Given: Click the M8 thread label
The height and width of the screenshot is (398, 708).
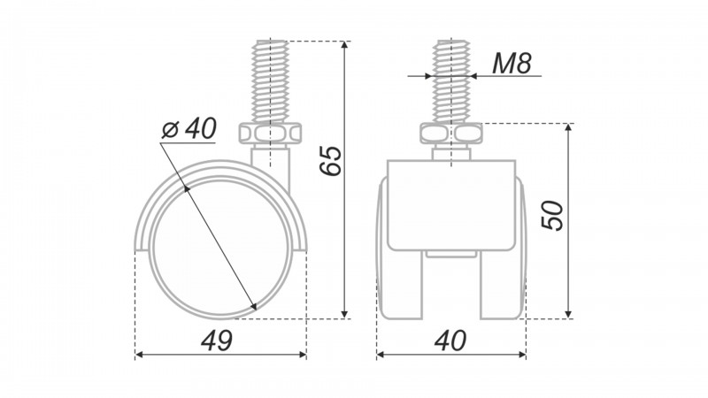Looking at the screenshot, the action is [x=512, y=63].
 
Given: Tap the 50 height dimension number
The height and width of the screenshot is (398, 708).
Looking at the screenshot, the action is [x=552, y=216].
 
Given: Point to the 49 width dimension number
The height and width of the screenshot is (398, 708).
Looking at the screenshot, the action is [x=217, y=341].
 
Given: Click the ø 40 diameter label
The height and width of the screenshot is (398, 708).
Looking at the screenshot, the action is [x=189, y=128].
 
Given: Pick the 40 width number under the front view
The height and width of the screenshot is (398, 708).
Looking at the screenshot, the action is [x=450, y=341].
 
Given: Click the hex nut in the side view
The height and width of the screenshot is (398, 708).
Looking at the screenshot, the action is [x=270, y=134].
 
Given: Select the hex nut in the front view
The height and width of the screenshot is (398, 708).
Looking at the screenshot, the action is [x=451, y=134].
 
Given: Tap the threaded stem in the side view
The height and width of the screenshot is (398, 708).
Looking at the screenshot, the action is [x=271, y=81].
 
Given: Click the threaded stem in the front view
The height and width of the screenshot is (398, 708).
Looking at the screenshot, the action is [x=451, y=81].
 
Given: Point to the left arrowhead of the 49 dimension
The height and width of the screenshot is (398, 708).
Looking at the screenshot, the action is [x=139, y=355].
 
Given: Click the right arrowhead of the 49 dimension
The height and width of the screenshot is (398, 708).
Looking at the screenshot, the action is [x=303, y=355].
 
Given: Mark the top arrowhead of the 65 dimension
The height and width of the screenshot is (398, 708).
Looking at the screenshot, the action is [x=344, y=45].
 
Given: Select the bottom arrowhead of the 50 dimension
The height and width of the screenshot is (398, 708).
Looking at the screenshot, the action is [x=568, y=314].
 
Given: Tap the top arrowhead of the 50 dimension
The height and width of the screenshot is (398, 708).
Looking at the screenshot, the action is [x=568, y=127].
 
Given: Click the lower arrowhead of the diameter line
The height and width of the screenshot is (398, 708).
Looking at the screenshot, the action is [x=254, y=306].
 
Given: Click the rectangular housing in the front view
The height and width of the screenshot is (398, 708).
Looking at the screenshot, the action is [x=451, y=205].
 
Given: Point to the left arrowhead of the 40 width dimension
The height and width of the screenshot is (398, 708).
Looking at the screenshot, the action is [x=381, y=355].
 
